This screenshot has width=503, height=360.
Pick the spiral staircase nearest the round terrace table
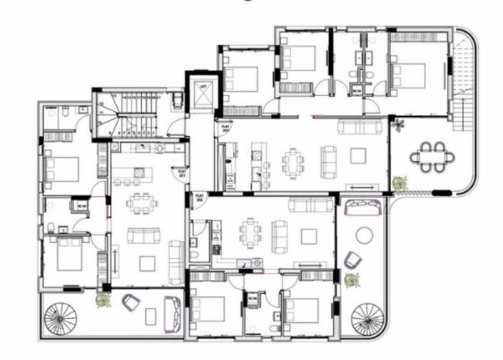[x=369, y=316]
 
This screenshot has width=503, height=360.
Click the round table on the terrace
[x=366, y=235]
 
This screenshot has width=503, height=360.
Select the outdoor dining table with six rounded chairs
[x=431, y=158]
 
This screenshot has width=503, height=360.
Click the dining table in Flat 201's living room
[x=142, y=203]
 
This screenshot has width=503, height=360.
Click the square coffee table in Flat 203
[x=357, y=155]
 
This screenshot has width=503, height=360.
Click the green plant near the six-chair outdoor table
[x=400, y=182]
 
